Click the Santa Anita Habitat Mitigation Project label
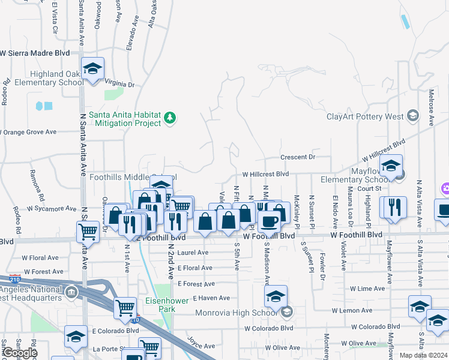[124, 118]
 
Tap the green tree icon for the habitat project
[170, 118]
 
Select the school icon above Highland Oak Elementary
[92, 68]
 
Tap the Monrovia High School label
[235, 312]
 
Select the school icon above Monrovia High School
[276, 296]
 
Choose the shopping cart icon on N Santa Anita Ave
[88, 231]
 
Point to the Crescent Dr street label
[298, 157]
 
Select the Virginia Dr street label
[119, 85]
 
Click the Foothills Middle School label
[123, 178]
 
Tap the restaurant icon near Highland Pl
[393, 207]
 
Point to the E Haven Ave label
[211, 298]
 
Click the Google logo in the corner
[20, 353]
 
